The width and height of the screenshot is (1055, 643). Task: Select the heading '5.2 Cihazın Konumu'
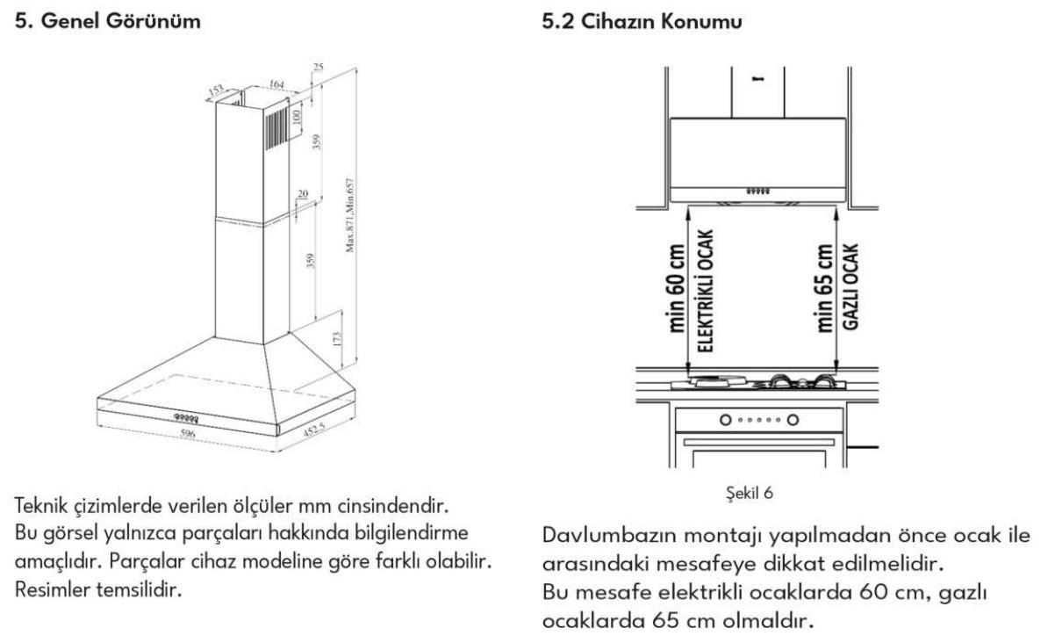tap(643, 22)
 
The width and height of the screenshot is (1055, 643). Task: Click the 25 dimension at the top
tap(317, 68)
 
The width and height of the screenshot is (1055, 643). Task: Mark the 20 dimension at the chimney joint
tap(302, 194)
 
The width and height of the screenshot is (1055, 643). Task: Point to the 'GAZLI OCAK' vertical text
tap(850, 286)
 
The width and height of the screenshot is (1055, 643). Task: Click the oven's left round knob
tap(726, 419)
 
